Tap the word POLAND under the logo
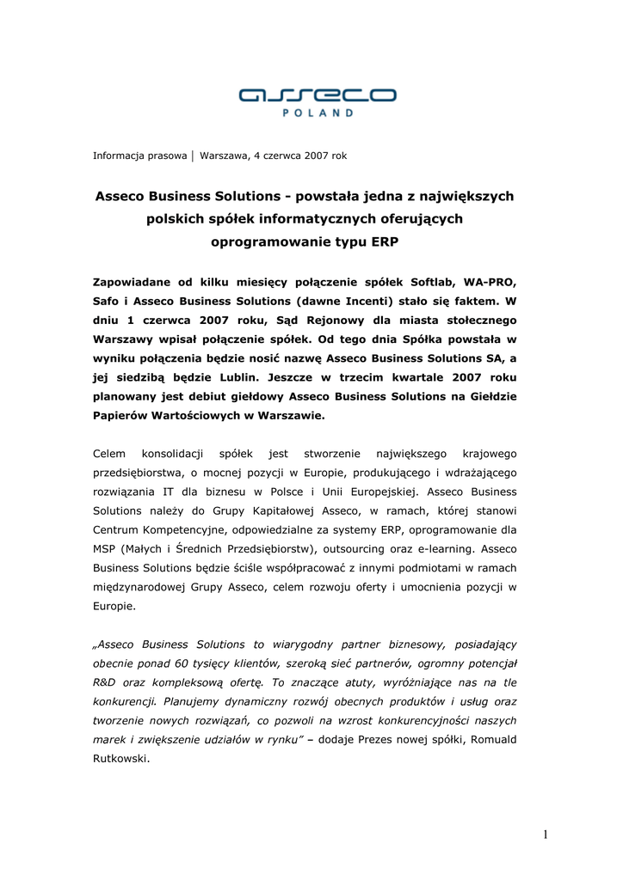point(318,113)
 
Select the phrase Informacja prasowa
point(139,156)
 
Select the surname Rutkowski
point(120,759)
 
